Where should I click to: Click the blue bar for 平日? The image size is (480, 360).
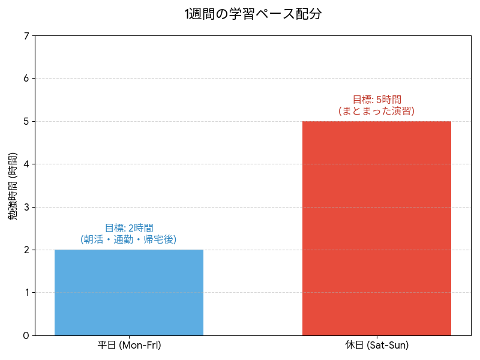[129, 292]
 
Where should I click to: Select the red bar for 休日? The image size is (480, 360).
[376, 228]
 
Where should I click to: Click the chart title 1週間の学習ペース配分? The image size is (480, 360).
[253, 14]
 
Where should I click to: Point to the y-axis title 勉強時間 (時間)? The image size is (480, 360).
[13, 185]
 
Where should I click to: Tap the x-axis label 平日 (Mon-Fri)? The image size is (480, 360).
[129, 346]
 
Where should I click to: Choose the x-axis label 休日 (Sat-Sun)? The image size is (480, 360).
[376, 346]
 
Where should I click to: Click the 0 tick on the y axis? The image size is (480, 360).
[26, 335]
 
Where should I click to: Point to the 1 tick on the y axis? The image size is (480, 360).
[26, 293]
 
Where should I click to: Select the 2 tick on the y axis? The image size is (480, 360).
[26, 250]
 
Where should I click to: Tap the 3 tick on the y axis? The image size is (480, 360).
[26, 207]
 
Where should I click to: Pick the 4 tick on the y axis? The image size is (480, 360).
[26, 164]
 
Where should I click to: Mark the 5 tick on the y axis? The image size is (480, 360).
[26, 121]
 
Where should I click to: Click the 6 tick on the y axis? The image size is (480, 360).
[26, 79]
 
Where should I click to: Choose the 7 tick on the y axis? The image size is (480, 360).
[26, 36]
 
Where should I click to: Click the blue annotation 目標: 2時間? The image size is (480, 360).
[129, 228]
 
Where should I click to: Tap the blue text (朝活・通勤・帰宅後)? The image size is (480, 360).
[129, 239]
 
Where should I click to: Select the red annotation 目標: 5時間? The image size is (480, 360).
[376, 100]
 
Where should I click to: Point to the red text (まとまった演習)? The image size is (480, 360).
[376, 111]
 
